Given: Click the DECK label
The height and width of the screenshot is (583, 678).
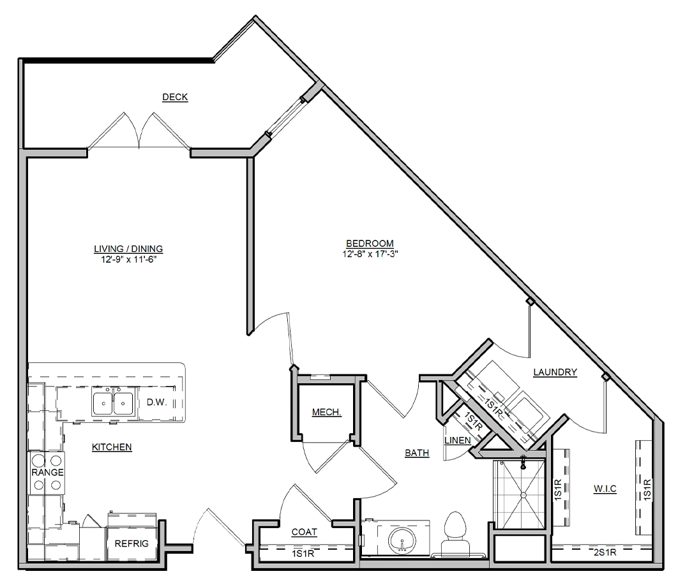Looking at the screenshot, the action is click(x=175, y=97).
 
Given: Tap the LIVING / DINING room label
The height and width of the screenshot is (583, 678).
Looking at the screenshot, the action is click(x=128, y=249).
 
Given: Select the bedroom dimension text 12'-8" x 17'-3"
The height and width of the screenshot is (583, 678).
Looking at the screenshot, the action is click(x=370, y=254).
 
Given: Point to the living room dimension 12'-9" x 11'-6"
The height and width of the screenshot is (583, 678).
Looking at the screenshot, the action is click(x=128, y=260).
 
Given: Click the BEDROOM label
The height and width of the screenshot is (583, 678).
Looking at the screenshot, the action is click(x=370, y=244).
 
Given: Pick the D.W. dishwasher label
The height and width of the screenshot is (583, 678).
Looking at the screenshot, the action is click(x=156, y=402).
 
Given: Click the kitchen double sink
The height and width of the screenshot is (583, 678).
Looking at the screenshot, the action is click(x=113, y=403).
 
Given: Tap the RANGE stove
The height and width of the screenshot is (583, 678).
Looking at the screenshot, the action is click(x=47, y=473).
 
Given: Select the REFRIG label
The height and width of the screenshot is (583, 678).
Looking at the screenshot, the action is click(x=132, y=543).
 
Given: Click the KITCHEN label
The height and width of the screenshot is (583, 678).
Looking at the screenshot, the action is click(x=112, y=447).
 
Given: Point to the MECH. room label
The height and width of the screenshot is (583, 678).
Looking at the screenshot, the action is click(x=327, y=412).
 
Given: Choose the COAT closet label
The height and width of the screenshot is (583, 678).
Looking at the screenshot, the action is click(x=305, y=532).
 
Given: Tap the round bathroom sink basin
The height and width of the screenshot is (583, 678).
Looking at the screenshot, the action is click(x=402, y=540).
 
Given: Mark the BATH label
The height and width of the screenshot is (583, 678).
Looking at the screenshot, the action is click(x=418, y=453).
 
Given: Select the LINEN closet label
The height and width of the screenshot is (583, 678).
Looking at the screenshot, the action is click(x=458, y=440).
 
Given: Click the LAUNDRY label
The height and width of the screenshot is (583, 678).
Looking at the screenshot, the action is click(x=555, y=372).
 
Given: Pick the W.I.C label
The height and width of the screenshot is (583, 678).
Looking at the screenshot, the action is click(x=605, y=489).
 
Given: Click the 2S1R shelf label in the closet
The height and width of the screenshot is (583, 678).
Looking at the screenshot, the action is click(x=605, y=552).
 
